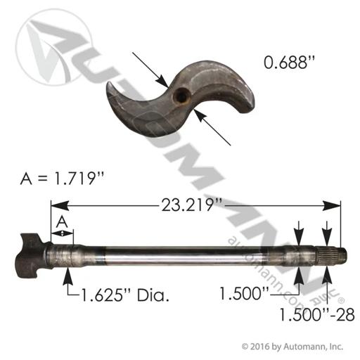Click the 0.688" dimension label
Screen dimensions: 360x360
tap(289, 63)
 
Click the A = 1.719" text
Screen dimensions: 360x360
tap(62, 179)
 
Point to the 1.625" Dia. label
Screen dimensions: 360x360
tap(125, 295)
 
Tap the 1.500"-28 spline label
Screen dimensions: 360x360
tap(317, 314)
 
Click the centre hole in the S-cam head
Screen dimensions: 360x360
tap(181, 96)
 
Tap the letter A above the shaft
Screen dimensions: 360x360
tap(62, 221)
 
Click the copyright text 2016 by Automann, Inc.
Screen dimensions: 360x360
tap(292, 346)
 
